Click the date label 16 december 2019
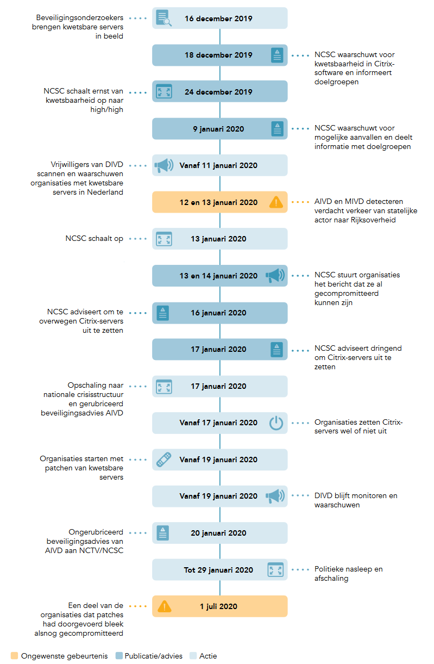218,18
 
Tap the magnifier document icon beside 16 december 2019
163,18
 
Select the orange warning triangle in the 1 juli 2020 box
164,606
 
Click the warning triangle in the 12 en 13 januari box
276,202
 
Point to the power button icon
276,423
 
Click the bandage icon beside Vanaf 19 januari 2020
163,460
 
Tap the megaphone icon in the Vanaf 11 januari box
163,165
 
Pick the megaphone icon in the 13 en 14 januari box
275,276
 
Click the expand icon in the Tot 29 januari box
275,569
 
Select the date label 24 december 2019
218,92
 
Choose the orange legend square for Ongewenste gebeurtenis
14,656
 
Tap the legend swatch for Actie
193,656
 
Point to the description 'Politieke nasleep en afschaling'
348,574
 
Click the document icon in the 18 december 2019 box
277,55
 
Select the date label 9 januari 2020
218,129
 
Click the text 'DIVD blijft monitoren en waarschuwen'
356,500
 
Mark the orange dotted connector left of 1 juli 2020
138,606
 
